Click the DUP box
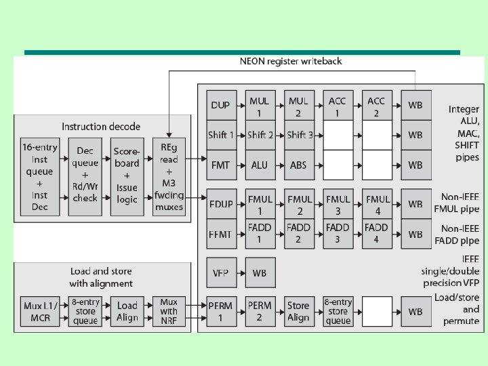[220, 106]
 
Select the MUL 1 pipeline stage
[259, 106]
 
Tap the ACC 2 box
[376, 106]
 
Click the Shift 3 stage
[298, 135]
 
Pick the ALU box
[259, 165]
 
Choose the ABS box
[298, 165]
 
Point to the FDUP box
[220, 204]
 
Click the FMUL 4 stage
[376, 204]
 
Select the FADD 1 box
[259, 233]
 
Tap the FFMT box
[220, 233]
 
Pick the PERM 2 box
[259, 311]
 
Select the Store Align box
[298, 311]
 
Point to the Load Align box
[127, 311]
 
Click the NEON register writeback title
[291, 61]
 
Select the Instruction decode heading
[101, 127]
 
